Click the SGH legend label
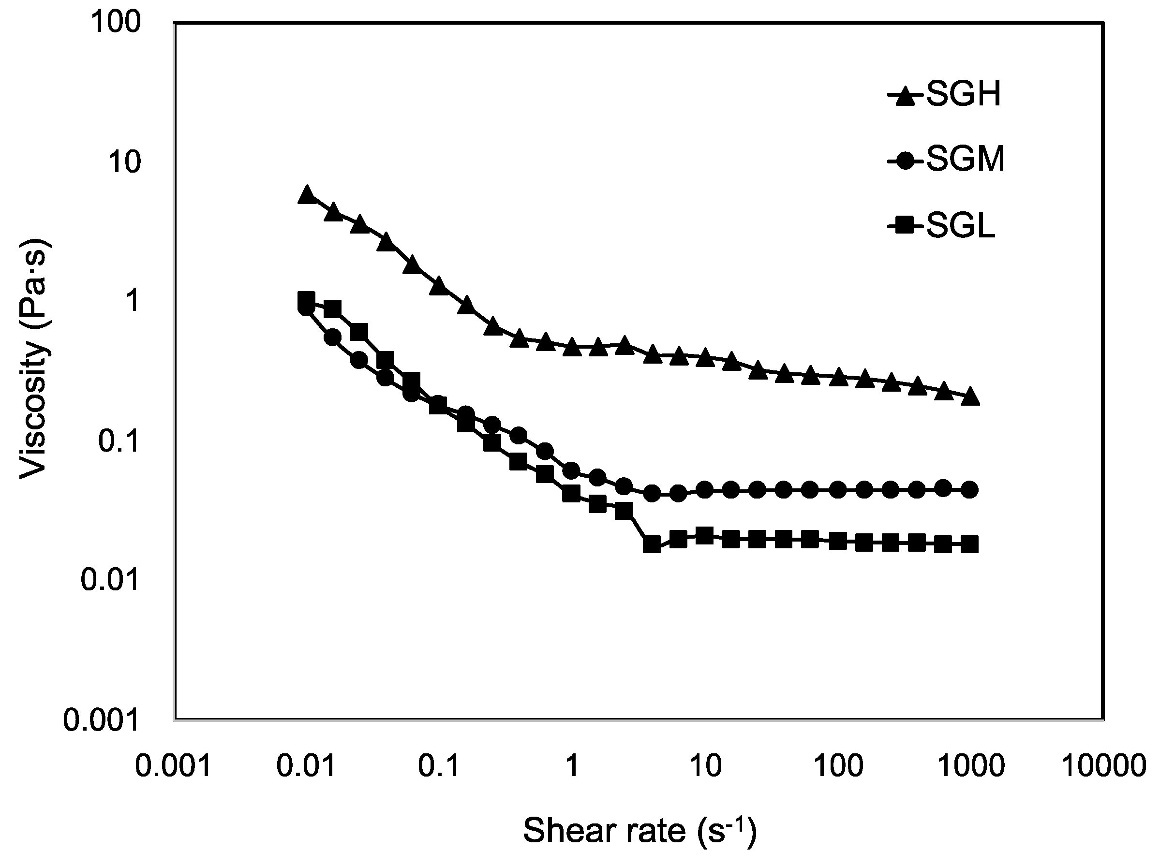coord(964,95)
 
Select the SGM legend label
coord(966,160)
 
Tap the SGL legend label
coord(961,226)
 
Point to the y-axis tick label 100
coord(115,23)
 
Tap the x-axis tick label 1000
coord(970,766)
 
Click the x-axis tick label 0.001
coord(173,766)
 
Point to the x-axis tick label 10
coord(705,766)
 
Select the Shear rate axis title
coord(640,831)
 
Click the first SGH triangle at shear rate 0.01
coord(307,194)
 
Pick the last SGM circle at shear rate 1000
coord(970,490)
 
